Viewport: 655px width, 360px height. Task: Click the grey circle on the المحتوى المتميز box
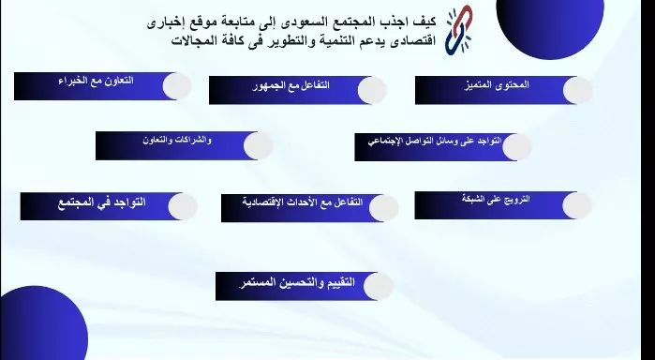pyautogui.click(x=577, y=90)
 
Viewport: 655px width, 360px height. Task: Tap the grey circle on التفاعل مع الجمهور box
pyautogui.click(x=371, y=90)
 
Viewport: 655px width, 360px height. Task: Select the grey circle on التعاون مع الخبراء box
pyautogui.click(x=178, y=86)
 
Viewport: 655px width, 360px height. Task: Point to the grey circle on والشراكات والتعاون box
pyautogui.click(x=259, y=145)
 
